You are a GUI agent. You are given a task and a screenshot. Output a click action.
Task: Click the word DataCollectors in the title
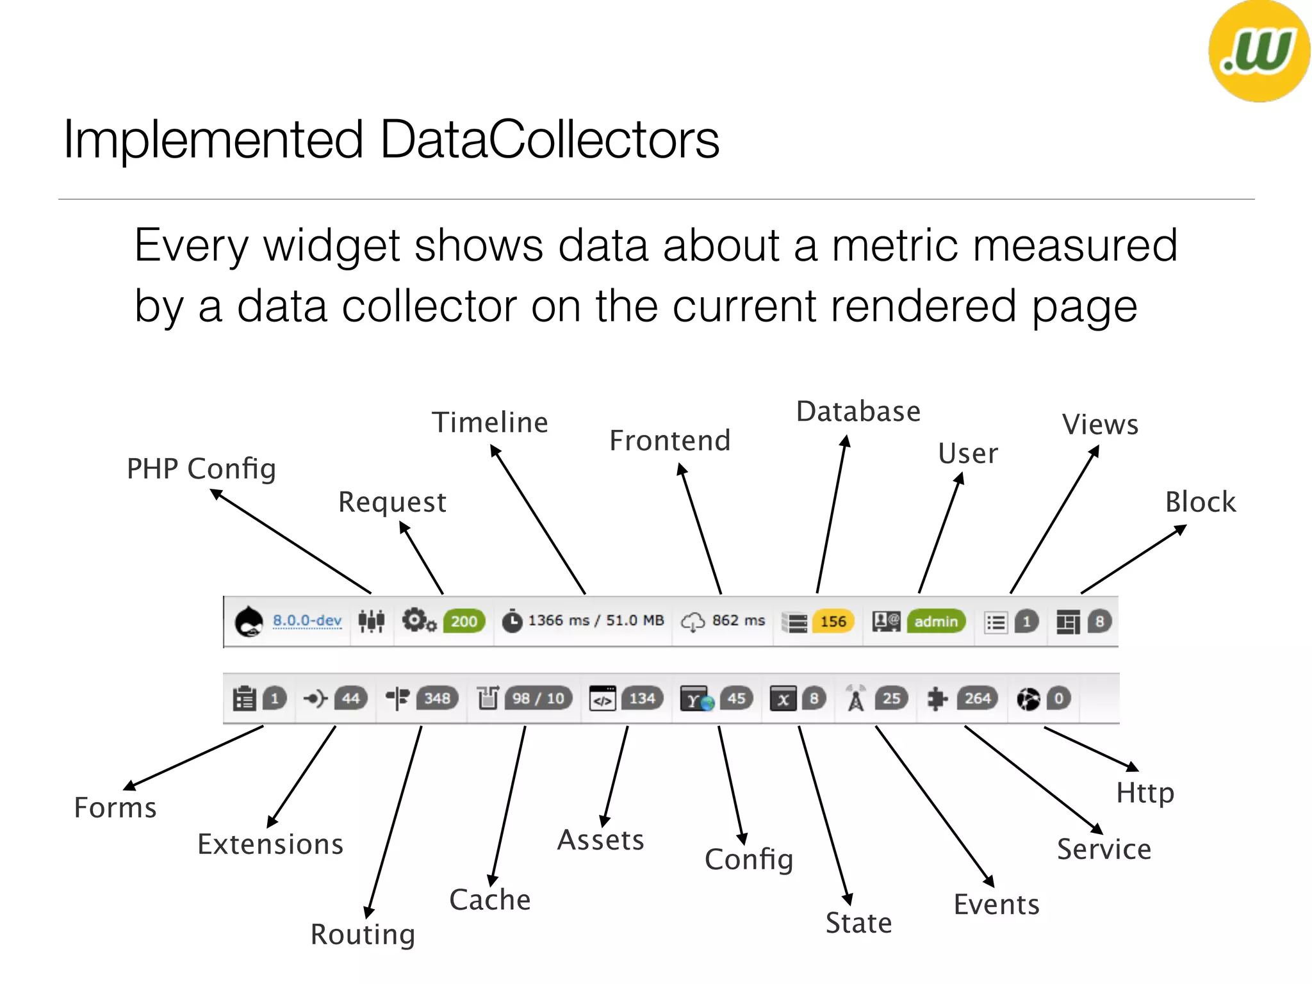pyautogui.click(x=550, y=140)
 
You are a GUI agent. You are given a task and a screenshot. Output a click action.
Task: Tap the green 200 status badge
pyautogui.click(x=464, y=621)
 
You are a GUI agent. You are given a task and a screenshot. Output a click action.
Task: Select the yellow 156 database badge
pyautogui.click(x=833, y=621)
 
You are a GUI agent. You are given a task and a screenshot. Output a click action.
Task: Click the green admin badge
pyautogui.click(x=936, y=621)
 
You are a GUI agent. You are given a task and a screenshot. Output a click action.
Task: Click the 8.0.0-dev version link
pyautogui.click(x=307, y=620)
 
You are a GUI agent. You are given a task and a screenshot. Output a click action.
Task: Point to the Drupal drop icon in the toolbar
pyautogui.click(x=249, y=621)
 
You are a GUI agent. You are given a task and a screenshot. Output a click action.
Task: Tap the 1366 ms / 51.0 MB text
pyautogui.click(x=596, y=620)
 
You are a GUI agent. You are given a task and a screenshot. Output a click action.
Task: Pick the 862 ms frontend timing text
pyautogui.click(x=738, y=620)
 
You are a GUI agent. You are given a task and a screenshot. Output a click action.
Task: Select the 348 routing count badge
pyautogui.click(x=437, y=698)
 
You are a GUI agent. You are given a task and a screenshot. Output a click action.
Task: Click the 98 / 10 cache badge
pyautogui.click(x=538, y=698)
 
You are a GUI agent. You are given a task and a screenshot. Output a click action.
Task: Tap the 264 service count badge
pyautogui.click(x=978, y=698)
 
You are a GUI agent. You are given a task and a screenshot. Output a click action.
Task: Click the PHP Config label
pyautogui.click(x=201, y=469)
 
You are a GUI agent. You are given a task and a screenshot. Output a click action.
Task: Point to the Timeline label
pyautogui.click(x=490, y=423)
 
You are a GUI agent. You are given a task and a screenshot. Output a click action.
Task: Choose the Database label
pyautogui.click(x=858, y=412)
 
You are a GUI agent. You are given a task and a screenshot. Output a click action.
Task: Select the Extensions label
pyautogui.click(x=270, y=844)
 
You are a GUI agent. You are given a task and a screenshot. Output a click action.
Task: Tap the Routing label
pyautogui.click(x=363, y=935)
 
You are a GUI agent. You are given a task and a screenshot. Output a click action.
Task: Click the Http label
pyautogui.click(x=1145, y=793)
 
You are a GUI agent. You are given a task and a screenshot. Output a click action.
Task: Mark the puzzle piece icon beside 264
pyautogui.click(x=937, y=698)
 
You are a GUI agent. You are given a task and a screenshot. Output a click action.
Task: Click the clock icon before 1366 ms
pyautogui.click(x=512, y=621)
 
